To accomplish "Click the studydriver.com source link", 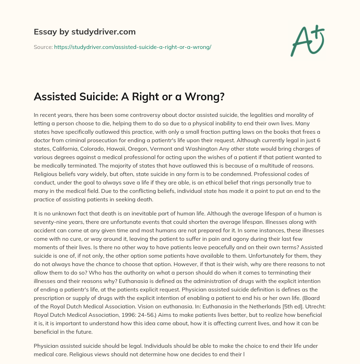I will click(x=133, y=46).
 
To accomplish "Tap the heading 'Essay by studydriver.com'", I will click(x=85, y=32).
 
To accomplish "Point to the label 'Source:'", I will click(x=43, y=46).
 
